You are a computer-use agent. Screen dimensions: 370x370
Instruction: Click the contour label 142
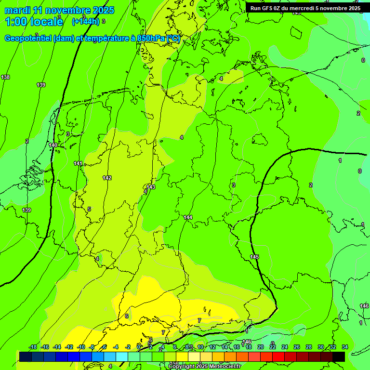click(x=107, y=178)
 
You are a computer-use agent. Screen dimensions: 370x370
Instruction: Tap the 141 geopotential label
click(x=78, y=164)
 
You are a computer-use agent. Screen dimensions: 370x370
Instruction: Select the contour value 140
click(x=53, y=145)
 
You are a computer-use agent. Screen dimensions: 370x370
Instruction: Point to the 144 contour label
click(x=188, y=218)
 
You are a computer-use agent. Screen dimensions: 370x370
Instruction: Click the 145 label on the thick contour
click(x=254, y=257)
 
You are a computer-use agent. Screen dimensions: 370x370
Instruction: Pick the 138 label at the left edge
click(x=5, y=77)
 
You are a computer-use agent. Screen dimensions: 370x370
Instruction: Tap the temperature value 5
click(x=89, y=209)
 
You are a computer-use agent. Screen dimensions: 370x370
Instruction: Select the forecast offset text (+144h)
click(x=86, y=21)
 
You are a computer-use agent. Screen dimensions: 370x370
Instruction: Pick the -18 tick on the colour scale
click(x=33, y=347)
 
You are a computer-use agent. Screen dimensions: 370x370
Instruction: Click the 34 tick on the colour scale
click(x=345, y=347)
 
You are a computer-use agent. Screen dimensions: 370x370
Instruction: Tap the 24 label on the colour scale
click(x=285, y=347)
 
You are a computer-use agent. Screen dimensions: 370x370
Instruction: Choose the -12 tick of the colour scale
click(x=69, y=347)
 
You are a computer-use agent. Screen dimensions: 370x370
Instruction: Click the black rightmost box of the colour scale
click(x=338, y=357)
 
